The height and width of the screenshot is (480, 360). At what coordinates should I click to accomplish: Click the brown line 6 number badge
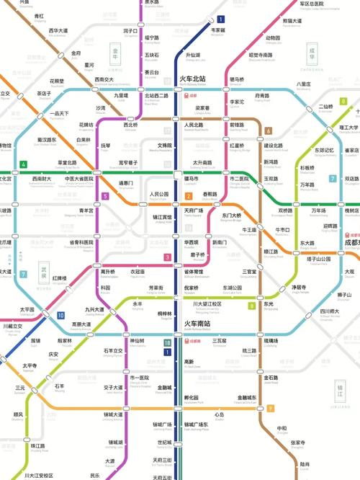coord(268,131)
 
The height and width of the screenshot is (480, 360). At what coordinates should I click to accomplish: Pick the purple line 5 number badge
coord(105,196)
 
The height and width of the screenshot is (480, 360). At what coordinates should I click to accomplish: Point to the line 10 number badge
coord(61,316)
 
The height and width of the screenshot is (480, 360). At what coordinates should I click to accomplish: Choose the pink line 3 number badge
coord(167,257)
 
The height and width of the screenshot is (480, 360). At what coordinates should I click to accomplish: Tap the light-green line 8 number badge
coord(251,306)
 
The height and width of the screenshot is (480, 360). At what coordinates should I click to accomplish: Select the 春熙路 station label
coord(210,195)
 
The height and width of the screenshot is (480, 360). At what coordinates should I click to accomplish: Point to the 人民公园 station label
coord(158,195)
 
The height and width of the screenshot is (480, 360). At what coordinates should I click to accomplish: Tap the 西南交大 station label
coord(104,80)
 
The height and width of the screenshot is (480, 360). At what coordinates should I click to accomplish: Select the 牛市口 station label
coord(282,231)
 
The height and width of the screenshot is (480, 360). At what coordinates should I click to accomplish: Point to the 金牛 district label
coord(114,53)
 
